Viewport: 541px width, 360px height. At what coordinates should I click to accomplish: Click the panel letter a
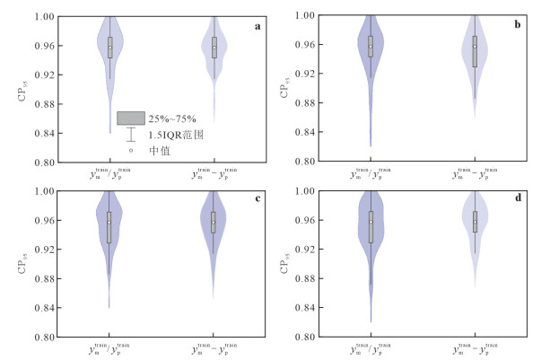[x=258, y=26]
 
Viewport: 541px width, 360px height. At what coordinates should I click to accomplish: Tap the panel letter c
[x=258, y=200]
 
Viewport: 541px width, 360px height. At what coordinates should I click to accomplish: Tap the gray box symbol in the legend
[x=131, y=118]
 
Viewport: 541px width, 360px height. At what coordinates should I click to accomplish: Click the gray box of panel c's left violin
[x=110, y=227]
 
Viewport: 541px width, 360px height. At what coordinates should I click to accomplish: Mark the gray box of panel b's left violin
[x=370, y=46]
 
